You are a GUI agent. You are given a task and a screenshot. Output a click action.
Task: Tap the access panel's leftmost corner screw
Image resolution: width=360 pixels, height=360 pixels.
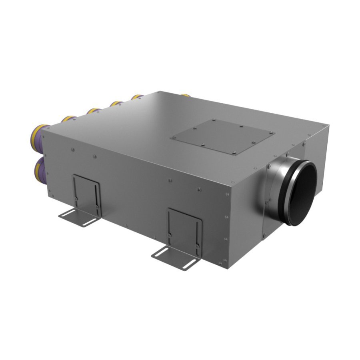173,138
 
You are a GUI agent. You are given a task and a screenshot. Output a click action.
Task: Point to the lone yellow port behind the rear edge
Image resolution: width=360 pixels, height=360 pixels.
185,95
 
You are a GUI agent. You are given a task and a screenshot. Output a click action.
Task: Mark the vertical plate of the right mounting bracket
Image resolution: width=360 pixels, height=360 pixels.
184,228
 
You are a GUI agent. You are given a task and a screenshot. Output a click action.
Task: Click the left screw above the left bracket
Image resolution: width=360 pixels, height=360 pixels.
72,150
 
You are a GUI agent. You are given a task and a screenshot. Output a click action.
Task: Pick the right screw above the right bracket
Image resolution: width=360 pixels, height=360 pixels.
198,187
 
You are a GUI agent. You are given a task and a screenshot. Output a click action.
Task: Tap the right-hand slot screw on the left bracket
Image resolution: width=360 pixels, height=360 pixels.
97,207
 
